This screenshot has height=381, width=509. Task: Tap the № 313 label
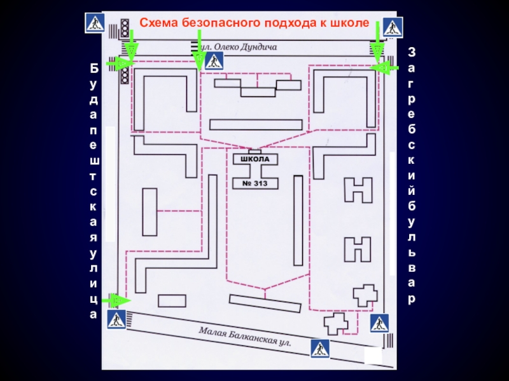[260, 184]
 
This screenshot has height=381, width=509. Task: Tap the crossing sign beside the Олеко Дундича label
[214, 61]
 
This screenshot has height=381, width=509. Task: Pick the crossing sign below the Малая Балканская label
[320, 348]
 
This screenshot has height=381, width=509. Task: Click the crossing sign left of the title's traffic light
[95, 23]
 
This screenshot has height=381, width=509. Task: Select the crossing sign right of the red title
[393, 27]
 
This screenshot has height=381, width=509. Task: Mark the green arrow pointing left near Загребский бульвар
[384, 66]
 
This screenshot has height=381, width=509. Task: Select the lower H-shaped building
[358, 250]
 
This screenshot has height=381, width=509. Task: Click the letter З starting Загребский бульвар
[412, 51]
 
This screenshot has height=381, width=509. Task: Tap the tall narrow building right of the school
[298, 220]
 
